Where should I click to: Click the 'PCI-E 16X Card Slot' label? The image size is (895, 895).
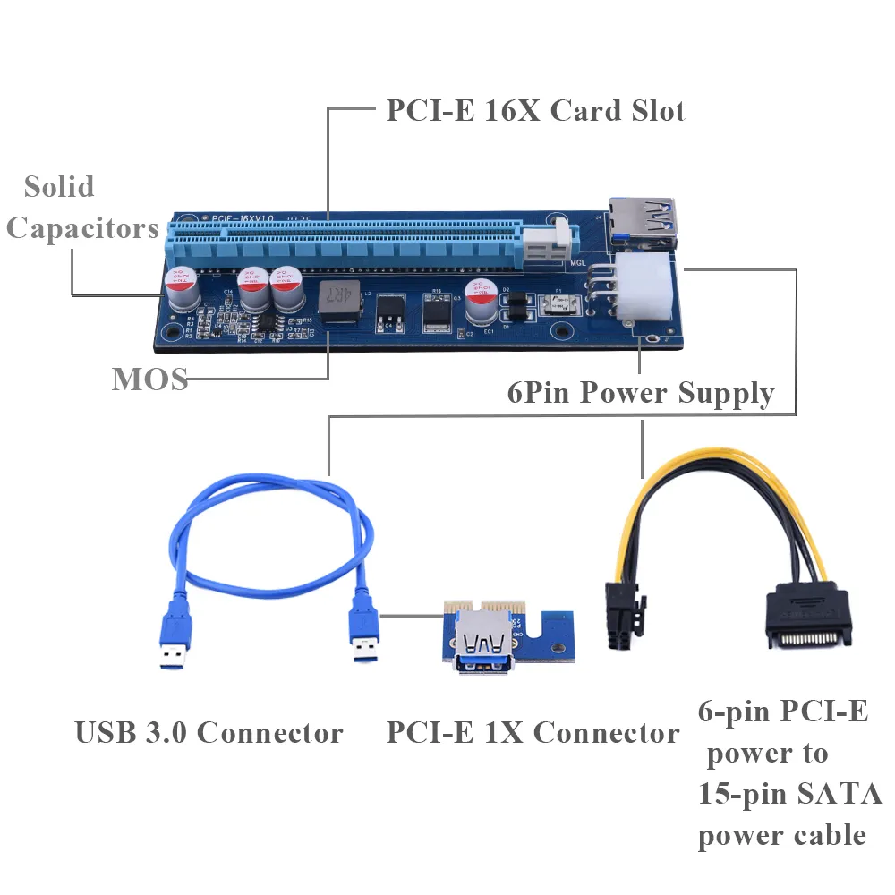(535, 111)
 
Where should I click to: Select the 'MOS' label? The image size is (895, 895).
(149, 379)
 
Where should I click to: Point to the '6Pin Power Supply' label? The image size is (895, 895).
(640, 393)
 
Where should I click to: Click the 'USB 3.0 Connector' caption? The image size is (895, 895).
(209, 733)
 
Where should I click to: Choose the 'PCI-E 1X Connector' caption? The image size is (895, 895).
(533, 733)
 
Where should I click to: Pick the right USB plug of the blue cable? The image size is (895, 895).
(362, 635)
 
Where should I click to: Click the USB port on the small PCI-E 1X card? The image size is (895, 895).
(484, 644)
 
